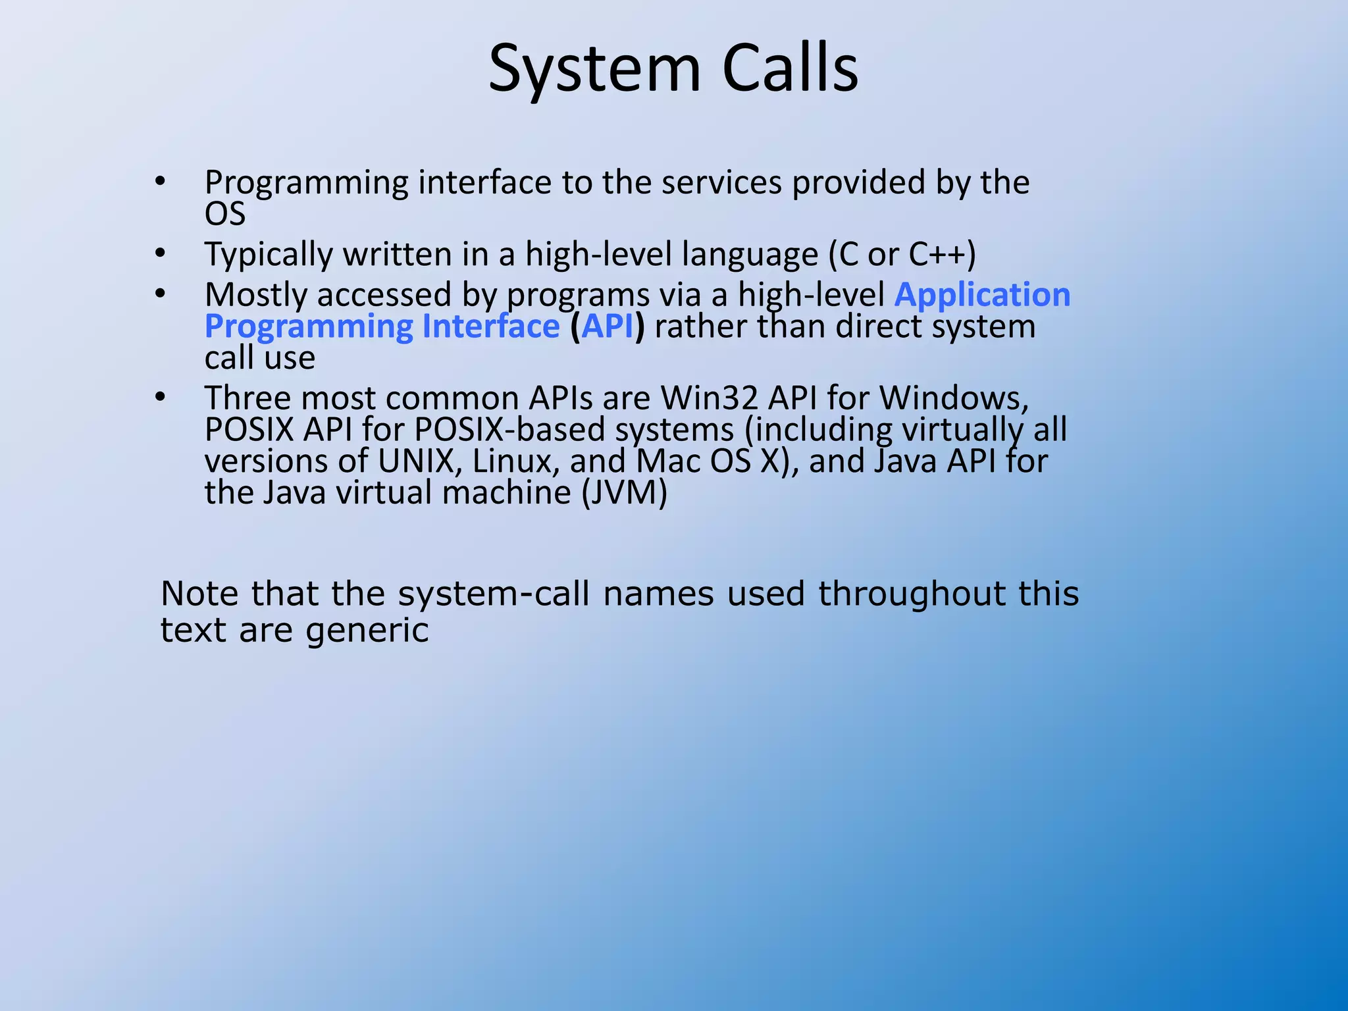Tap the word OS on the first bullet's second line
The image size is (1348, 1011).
(225, 214)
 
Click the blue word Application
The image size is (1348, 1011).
(982, 294)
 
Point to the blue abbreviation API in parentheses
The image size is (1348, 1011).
(607, 326)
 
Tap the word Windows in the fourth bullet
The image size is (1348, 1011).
(954, 398)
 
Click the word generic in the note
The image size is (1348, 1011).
(367, 631)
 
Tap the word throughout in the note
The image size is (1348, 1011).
(912, 593)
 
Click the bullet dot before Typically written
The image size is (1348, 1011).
(160, 253)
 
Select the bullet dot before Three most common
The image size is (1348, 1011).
(160, 396)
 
